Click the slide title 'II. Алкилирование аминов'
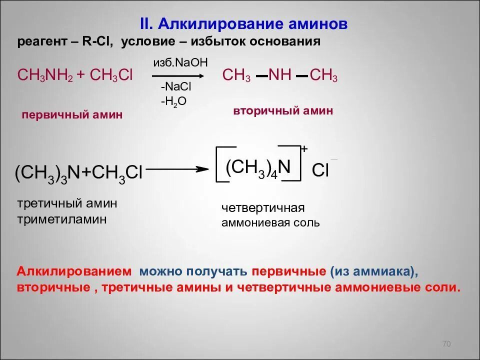click(242, 24)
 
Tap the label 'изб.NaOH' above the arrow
click(179, 62)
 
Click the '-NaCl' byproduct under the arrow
click(176, 87)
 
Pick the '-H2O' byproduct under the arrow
click(173, 101)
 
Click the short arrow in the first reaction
click(177, 75)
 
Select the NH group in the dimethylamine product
click(280, 76)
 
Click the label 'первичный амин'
click(72, 115)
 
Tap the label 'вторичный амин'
click(283, 111)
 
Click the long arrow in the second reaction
click(177, 169)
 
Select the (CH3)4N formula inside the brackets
click(258, 167)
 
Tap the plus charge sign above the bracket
click(304, 148)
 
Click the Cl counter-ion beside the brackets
click(320, 170)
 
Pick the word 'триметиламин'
click(62, 219)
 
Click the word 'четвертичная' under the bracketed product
click(263, 208)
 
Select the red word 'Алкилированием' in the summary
click(74, 271)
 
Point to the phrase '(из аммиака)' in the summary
click(373, 271)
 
